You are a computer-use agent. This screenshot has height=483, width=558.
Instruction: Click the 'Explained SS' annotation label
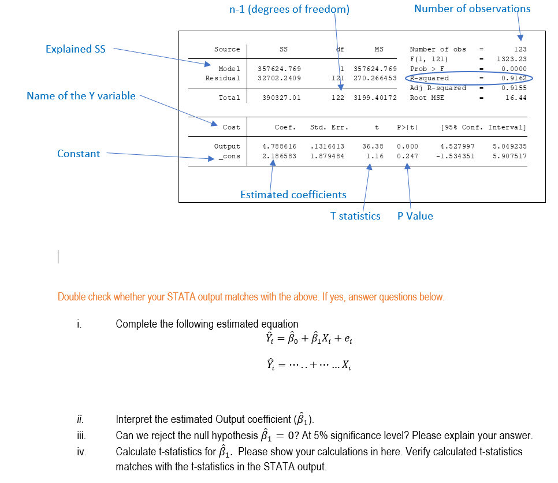coord(76,49)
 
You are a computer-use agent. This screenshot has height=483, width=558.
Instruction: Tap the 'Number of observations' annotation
coord(472,9)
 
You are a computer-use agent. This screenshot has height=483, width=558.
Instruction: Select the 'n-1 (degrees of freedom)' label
coord(289,9)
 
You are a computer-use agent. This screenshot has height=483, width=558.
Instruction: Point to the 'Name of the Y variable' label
coord(81,96)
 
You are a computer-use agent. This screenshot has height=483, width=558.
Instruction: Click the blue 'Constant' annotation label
coord(79,154)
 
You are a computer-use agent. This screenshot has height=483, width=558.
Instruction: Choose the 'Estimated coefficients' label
coord(293,195)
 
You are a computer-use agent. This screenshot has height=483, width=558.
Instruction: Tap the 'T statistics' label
coord(355,216)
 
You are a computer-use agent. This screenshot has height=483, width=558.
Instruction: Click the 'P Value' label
coord(415,216)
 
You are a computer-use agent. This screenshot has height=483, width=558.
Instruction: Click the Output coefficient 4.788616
coord(280,147)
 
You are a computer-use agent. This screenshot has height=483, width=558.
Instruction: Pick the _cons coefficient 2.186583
coord(280,156)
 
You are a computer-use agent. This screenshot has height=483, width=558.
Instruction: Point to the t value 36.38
coord(374,147)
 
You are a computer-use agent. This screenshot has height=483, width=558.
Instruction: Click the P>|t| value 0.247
coord(407,156)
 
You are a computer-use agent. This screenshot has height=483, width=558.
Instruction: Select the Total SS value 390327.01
coord(281,98)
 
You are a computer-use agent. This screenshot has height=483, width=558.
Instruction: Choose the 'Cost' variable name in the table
coord(231,127)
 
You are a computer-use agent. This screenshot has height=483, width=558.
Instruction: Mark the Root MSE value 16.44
coord(516,98)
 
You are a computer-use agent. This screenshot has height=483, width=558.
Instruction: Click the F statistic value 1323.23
coord(512,59)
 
